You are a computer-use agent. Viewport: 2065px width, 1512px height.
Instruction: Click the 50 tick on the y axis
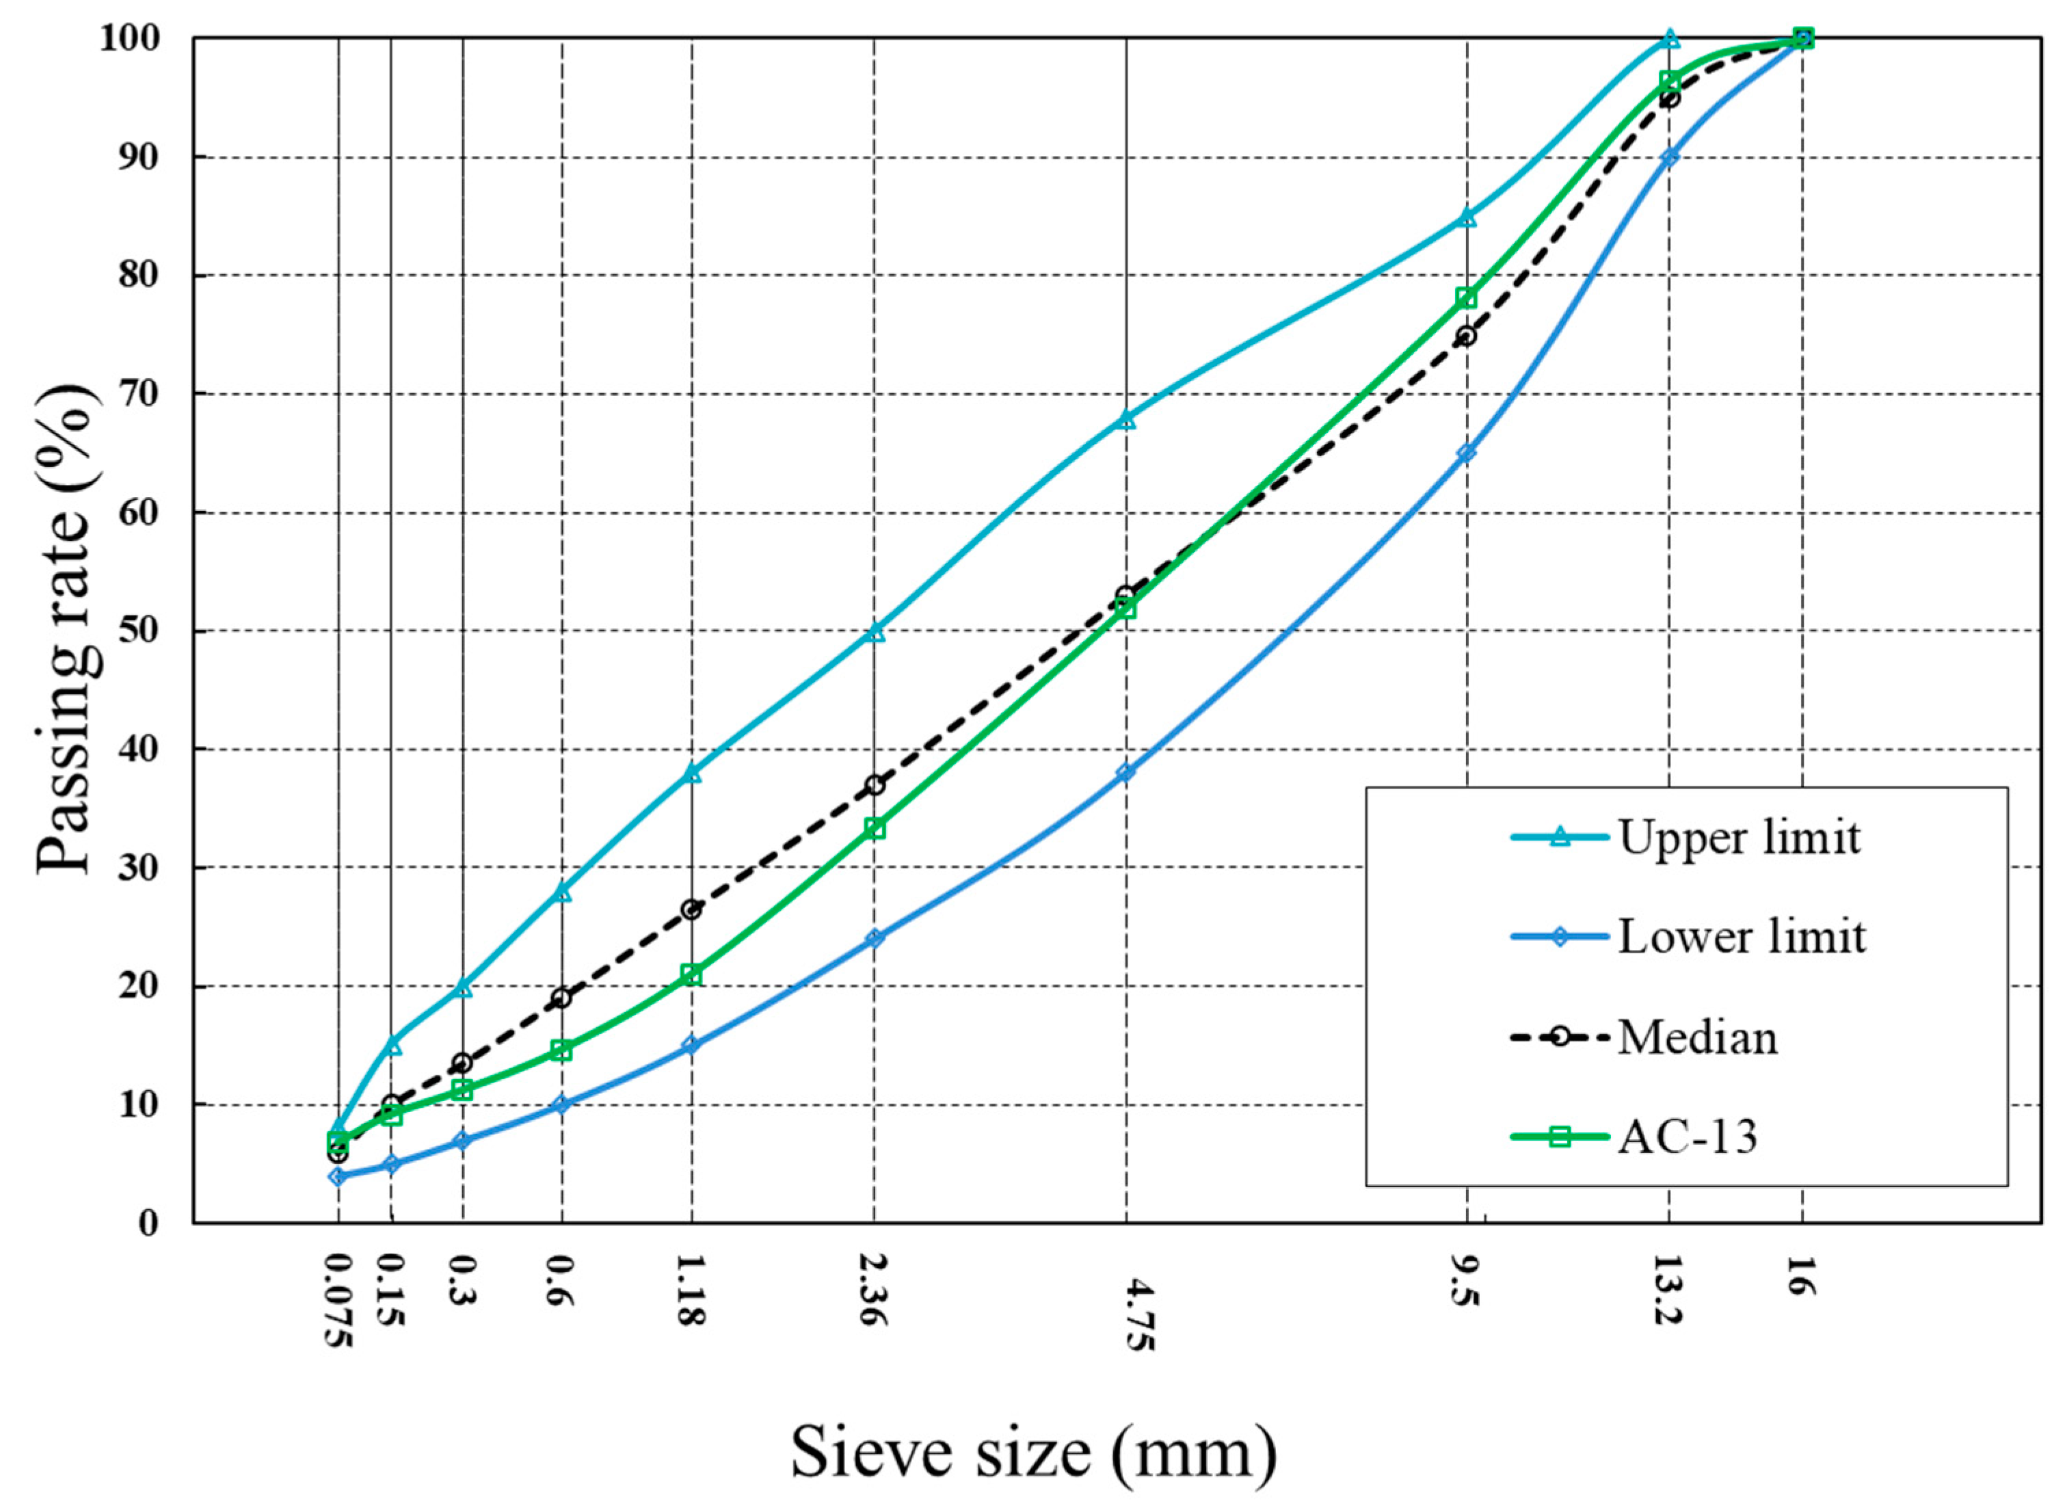click(147, 631)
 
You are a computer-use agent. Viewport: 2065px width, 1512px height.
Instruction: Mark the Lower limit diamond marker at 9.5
click(1467, 453)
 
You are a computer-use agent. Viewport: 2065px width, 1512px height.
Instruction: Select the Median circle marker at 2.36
click(875, 785)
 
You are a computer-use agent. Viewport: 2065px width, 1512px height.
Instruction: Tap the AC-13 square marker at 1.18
click(692, 974)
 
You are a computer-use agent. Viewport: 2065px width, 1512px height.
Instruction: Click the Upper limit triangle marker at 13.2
click(1670, 38)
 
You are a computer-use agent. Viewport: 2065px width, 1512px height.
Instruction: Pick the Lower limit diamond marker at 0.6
click(562, 1104)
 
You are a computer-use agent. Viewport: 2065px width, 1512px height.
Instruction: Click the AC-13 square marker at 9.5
click(1467, 297)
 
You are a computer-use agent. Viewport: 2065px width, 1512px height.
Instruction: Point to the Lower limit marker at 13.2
click(1670, 157)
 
